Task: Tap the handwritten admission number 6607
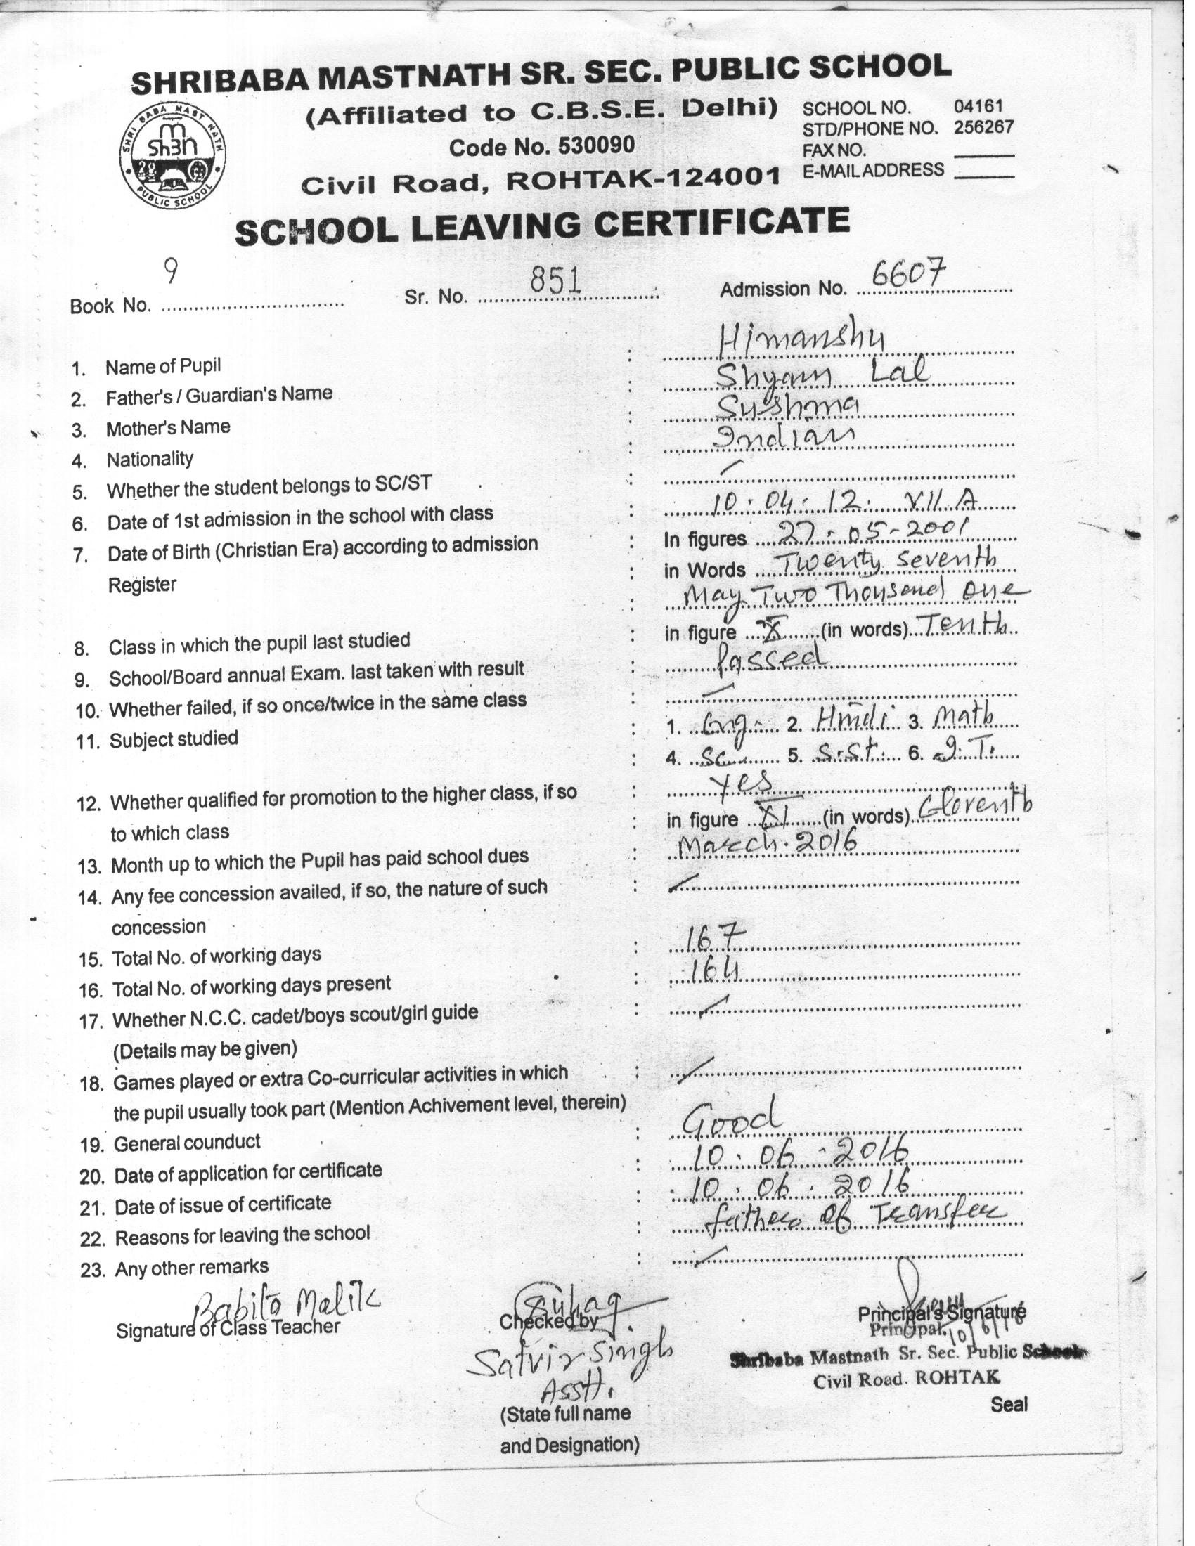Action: (908, 272)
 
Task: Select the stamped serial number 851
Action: (556, 282)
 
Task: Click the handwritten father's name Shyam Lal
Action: (821, 373)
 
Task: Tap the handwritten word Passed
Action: (769, 657)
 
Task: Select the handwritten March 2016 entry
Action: (768, 843)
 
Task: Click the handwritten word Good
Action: (732, 1117)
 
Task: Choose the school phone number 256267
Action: (983, 127)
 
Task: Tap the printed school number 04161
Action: (978, 107)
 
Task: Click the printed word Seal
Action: (1009, 1404)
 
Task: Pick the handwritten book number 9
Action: (169, 271)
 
